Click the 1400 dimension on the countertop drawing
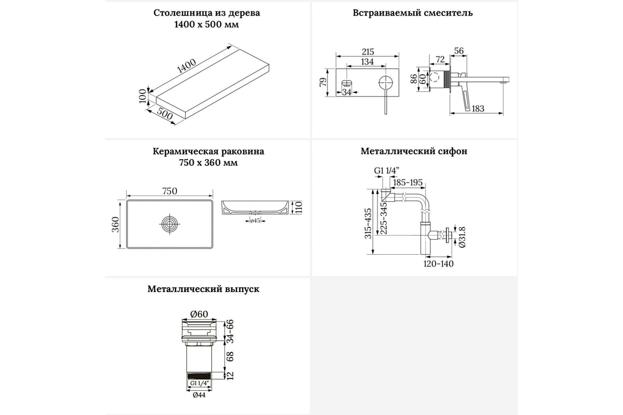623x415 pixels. [x=186, y=66]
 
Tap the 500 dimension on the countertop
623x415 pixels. [x=164, y=115]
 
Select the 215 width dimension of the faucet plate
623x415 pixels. [x=367, y=52]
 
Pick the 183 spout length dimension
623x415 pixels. [x=478, y=108]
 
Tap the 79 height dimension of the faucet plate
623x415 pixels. [x=323, y=82]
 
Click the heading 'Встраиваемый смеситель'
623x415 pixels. [x=412, y=12]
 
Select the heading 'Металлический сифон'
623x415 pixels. [x=414, y=151]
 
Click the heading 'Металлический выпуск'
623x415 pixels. [x=203, y=289]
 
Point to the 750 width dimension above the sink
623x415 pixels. [x=169, y=191]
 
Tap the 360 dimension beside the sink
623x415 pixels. [x=116, y=224]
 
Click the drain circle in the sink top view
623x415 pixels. [x=169, y=225]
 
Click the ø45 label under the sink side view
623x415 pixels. [x=255, y=221]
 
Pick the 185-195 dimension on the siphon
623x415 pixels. [x=408, y=182]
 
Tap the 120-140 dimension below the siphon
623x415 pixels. [x=439, y=264]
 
